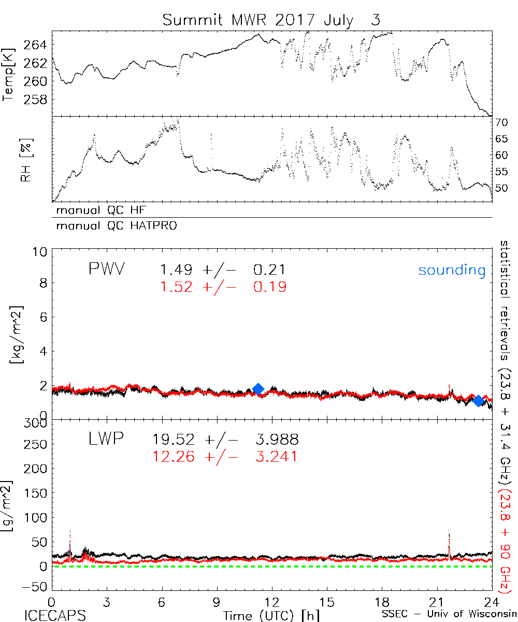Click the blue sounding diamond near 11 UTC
pos(258,389)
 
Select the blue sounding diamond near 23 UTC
pos(478,400)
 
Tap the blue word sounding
pos(452,270)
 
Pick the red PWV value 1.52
pos(177,287)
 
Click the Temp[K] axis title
pos(9,73)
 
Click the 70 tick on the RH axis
pos(502,123)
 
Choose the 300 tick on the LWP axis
pos(37,423)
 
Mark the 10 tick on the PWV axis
pos(41,252)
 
